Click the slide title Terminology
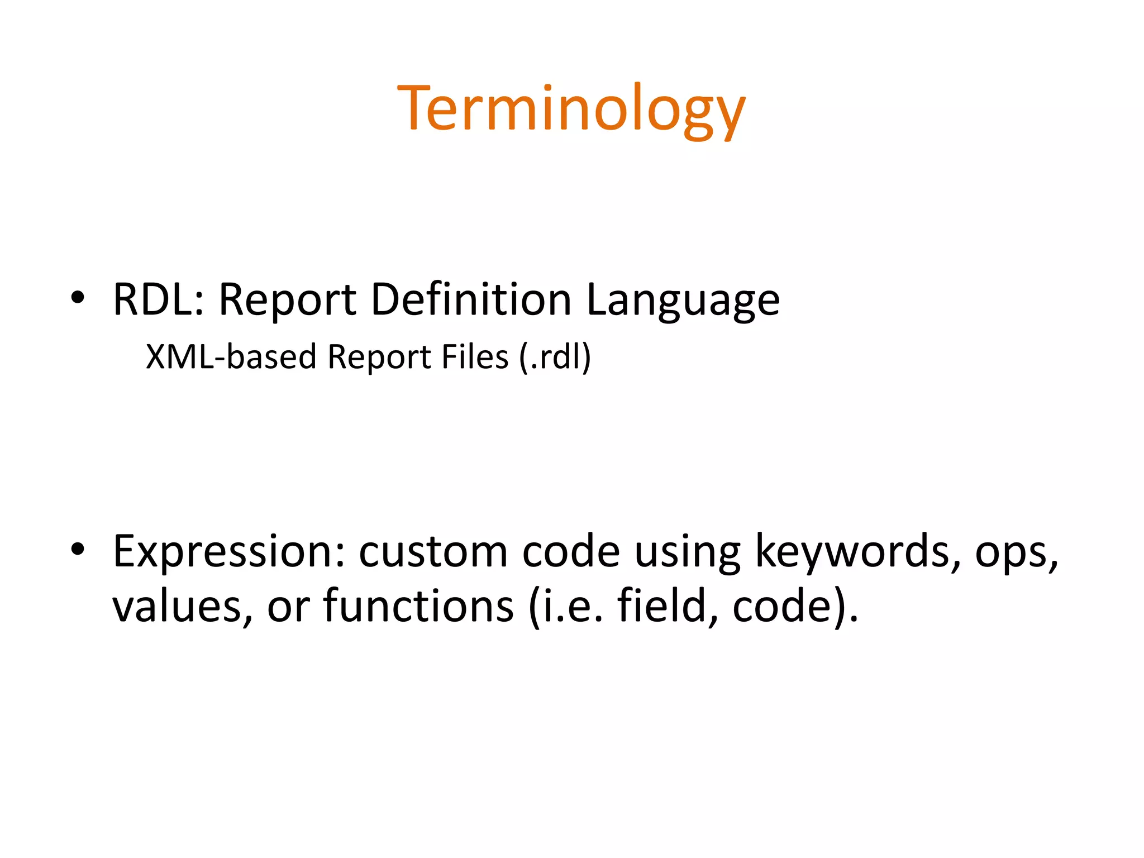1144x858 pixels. [571, 109]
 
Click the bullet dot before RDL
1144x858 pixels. [78, 298]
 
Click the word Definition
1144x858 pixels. [470, 299]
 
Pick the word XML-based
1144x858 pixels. [231, 357]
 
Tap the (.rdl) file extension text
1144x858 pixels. [555, 357]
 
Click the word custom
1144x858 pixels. [433, 552]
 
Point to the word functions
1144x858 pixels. [418, 606]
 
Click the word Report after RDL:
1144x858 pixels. [287, 301]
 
